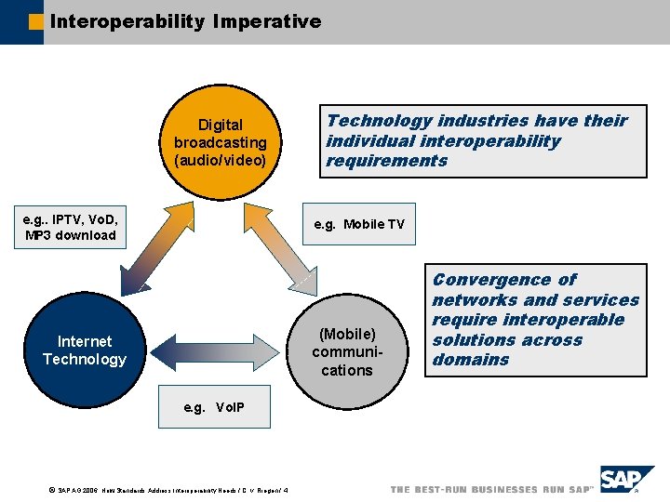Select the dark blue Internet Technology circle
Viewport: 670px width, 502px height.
85,350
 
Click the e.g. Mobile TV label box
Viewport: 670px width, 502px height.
359,224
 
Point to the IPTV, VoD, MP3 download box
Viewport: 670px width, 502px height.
71,227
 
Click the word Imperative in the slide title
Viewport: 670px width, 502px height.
266,20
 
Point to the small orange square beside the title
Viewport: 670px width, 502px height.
36,21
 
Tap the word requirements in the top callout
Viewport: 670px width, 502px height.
386,161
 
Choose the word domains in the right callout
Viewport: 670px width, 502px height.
471,360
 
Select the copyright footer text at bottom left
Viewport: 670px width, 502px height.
167,490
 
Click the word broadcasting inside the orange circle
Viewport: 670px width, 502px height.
221,142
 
